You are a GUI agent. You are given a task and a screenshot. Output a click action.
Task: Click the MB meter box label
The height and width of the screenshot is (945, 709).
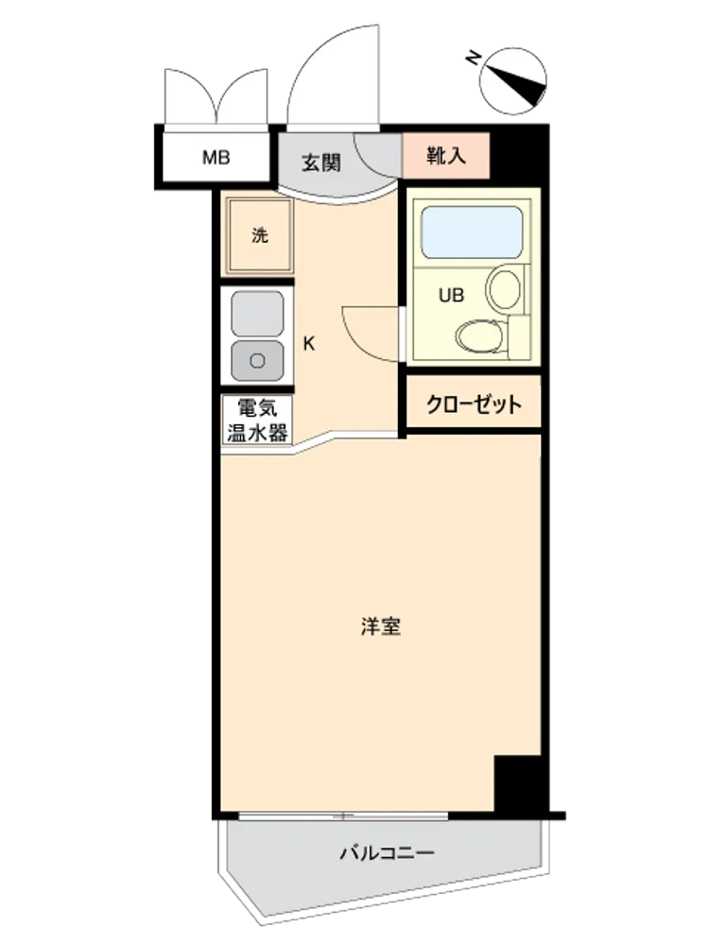216,158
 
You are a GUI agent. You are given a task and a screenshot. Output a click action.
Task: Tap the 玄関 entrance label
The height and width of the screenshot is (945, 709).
321,163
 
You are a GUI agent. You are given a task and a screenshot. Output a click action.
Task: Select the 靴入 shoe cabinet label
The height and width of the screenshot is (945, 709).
445,156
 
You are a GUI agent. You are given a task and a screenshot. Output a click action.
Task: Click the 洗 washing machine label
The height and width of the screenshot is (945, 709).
260,235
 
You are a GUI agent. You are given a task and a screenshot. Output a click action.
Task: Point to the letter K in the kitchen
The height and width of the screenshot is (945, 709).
309,344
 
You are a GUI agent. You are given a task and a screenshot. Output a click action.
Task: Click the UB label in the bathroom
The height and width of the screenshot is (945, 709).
452,295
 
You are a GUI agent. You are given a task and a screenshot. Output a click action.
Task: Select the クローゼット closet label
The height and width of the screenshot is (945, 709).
474,404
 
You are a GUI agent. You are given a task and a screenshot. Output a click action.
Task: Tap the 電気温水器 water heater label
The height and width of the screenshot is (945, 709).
257,421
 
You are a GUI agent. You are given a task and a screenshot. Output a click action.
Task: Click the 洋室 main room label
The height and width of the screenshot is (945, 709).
381,627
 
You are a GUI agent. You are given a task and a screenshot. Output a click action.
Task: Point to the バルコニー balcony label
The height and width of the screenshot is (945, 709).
387,852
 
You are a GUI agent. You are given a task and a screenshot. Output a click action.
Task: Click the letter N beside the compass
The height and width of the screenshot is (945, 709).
474,59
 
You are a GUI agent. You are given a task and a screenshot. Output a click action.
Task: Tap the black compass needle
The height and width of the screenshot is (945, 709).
517,85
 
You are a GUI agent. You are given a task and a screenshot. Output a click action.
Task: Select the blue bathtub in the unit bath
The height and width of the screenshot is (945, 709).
472,232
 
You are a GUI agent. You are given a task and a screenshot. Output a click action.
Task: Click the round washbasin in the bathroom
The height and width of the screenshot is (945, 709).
504,290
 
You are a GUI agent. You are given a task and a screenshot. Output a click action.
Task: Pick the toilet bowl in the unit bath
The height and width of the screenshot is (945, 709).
479,336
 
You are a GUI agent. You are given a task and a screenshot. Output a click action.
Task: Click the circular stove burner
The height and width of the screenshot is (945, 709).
257,360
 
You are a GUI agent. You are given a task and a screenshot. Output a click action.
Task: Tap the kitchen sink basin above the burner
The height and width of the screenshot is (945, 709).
257,314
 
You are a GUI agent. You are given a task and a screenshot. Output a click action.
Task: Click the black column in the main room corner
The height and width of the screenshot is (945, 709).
518,782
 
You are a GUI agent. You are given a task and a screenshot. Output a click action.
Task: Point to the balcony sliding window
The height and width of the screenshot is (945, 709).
343,816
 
